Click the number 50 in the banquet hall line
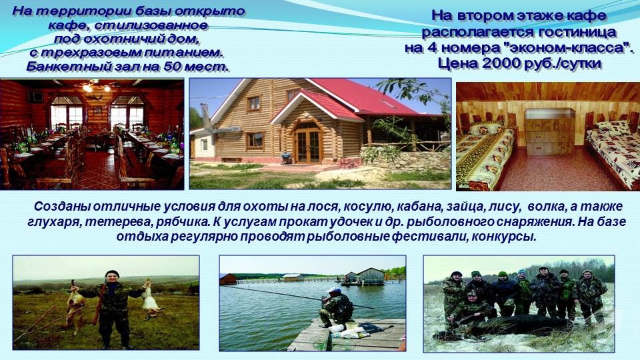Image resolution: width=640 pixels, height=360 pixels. coord(173,66)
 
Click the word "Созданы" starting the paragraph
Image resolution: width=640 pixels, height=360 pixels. coord(62,207)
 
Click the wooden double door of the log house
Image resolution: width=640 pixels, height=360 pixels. coord(308,146)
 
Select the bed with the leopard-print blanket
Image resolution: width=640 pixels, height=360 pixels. coord(485,155)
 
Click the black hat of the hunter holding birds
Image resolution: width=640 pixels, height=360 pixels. coord(112,273)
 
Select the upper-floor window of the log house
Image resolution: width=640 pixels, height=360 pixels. coord(253,103)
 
